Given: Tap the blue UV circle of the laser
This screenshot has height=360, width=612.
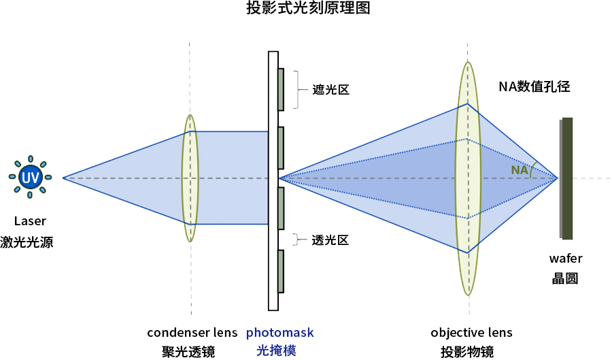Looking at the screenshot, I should [30, 178].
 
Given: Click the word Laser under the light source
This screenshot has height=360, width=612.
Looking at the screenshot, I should [30, 221].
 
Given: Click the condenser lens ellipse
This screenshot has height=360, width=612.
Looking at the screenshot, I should [190, 178].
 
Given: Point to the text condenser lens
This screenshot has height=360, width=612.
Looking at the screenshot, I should [192, 333].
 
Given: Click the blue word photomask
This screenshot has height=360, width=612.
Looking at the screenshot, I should [280, 333].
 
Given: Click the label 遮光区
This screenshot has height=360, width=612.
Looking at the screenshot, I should [330, 90].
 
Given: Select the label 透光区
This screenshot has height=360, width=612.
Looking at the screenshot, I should [330, 240].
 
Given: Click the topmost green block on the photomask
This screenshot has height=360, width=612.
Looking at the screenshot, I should [280, 89].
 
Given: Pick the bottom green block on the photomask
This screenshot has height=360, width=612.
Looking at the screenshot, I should [280, 272].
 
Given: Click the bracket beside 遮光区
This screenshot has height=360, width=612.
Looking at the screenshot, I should [296, 89].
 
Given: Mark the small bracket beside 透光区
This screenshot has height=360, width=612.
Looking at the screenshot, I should [296, 239].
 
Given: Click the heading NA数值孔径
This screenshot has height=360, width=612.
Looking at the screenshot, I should [534, 86].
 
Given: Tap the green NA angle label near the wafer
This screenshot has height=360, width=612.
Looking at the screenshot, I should [520, 169].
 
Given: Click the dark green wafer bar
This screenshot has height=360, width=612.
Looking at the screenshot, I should [567, 178].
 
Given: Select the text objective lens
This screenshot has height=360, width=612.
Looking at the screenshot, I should [471, 333].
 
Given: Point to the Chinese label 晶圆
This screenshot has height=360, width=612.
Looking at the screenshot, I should [565, 278].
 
